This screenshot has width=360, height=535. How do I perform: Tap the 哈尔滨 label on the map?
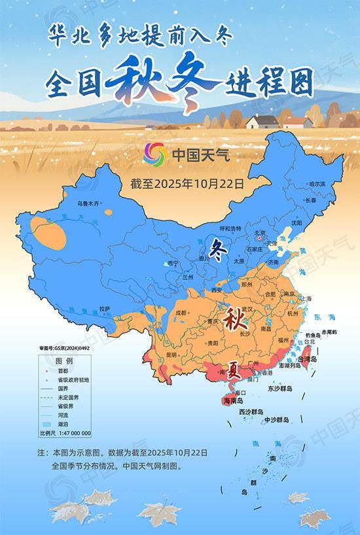pyautogui.click(x=317, y=184)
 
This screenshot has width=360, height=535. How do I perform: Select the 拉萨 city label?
pyautogui.click(x=104, y=308)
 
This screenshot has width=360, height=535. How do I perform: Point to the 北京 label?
pyautogui.click(x=260, y=232)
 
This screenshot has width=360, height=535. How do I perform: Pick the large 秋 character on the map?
pyautogui.click(x=234, y=320)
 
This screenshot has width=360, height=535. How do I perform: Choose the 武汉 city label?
pyautogui.click(x=246, y=309)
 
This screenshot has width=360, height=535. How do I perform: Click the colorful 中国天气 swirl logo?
pyautogui.click(x=156, y=155)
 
